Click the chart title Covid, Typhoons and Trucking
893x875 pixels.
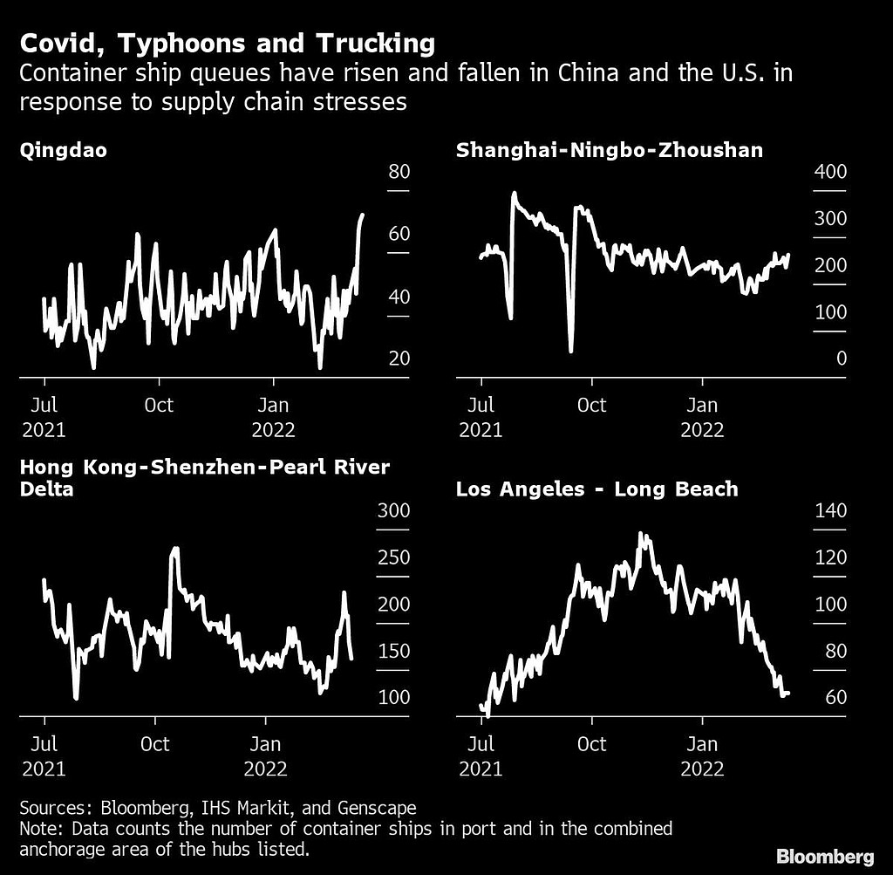[228, 43]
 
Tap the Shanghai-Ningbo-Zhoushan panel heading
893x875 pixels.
[610, 150]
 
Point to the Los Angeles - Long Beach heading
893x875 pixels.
[596, 489]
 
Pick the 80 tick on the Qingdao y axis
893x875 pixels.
[399, 171]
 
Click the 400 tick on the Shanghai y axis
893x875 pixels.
[829, 171]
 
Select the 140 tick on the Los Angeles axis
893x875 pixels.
[829, 510]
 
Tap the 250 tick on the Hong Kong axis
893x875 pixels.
[394, 557]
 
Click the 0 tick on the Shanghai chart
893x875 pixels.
[841, 359]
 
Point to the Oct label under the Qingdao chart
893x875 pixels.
[159, 405]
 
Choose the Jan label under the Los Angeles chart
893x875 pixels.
[702, 744]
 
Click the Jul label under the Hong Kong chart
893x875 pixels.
[44, 744]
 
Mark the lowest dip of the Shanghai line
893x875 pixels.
[570, 351]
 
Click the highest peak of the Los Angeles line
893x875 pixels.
[642, 534]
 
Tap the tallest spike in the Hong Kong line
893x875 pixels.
[174, 550]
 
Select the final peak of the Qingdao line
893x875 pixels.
[362, 215]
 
